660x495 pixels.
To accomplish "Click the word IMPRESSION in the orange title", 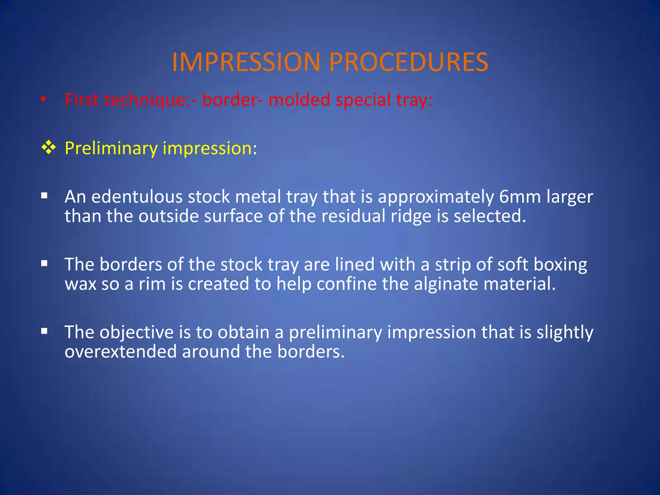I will pyautogui.click(x=246, y=62).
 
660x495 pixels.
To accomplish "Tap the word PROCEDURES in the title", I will pyautogui.click(x=408, y=62).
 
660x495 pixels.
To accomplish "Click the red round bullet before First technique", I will pyautogui.click(x=44, y=100).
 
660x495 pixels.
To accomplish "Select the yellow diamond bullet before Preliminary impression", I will pyautogui.click(x=49, y=148).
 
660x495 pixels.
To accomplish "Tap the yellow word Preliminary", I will pyautogui.click(x=111, y=149).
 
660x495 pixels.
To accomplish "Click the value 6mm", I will pyautogui.click(x=519, y=197).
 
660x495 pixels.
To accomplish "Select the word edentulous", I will pyautogui.click(x=137, y=197).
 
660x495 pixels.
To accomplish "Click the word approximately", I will pyautogui.click(x=435, y=197).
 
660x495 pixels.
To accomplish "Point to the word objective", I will pyautogui.click(x=136, y=333).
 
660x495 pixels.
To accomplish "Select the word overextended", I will pyautogui.click(x=121, y=351).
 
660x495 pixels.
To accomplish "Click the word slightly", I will pyautogui.click(x=564, y=333).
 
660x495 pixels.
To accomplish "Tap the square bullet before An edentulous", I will pyautogui.click(x=44, y=196).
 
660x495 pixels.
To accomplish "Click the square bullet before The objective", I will pyautogui.click(x=44, y=331).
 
